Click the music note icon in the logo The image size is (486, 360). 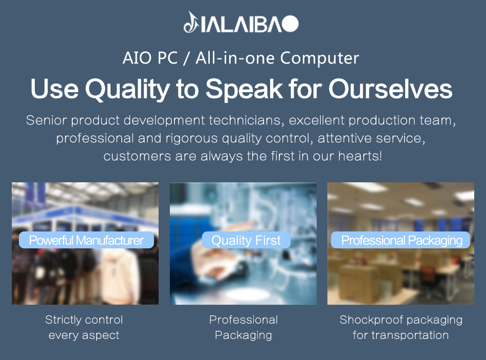[191, 23]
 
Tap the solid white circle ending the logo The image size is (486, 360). [291, 24]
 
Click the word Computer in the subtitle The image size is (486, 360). [320, 58]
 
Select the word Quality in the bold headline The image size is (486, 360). [127, 90]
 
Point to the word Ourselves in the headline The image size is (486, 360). [390, 89]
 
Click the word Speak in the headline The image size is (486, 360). [244, 90]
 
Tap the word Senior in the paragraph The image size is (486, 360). [47, 120]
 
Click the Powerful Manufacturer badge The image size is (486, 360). [86, 240]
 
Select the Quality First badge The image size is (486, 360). [246, 240]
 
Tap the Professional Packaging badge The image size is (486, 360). [401, 240]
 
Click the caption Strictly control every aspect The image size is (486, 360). [84, 327]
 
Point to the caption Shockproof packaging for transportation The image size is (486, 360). [401, 327]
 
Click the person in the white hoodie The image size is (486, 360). [120, 276]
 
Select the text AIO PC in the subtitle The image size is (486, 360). [150, 58]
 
